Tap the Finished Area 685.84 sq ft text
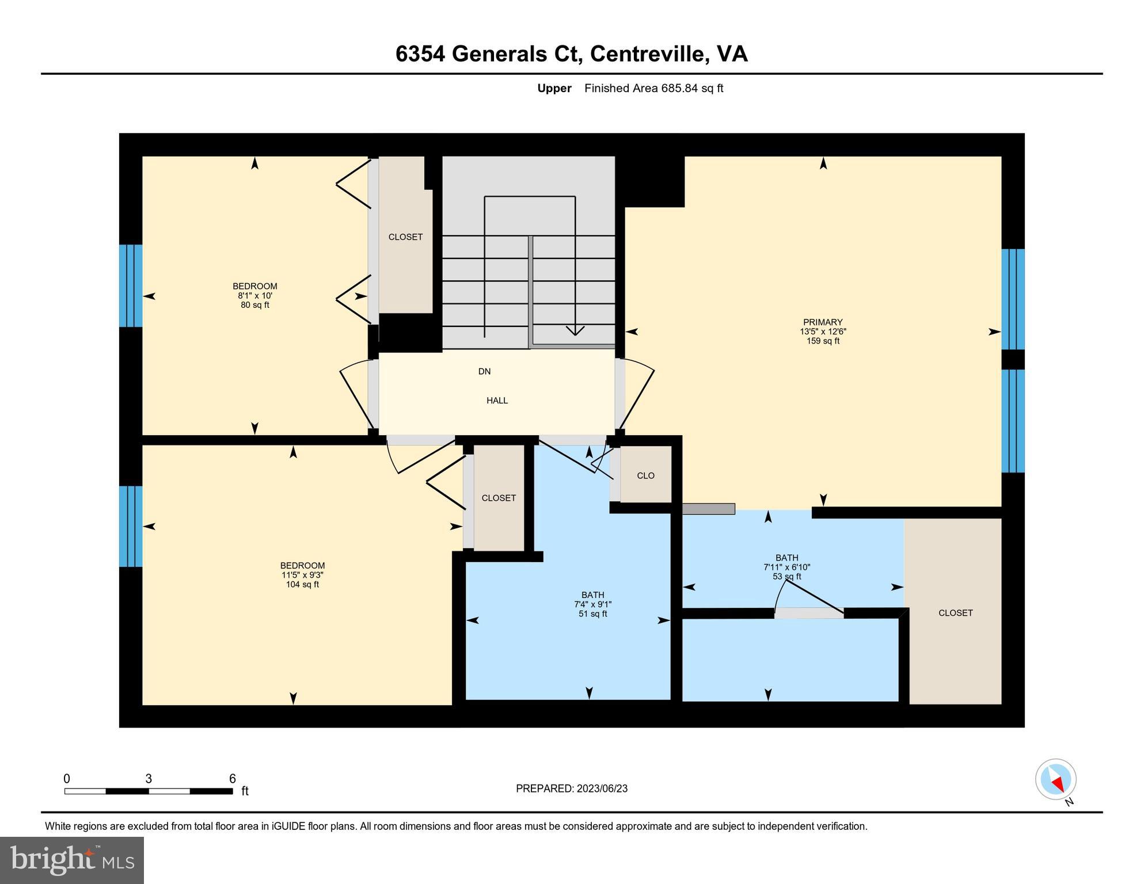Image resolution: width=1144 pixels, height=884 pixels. click(x=653, y=88)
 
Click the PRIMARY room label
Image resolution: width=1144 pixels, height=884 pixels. click(x=823, y=322)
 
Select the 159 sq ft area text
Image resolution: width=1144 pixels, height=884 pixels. click(x=823, y=341)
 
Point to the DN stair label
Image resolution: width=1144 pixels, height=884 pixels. click(x=484, y=372)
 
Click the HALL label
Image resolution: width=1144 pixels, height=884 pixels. click(x=497, y=401)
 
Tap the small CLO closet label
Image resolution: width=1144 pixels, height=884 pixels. click(x=645, y=475)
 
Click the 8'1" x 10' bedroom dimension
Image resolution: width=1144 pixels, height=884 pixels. click(x=254, y=296)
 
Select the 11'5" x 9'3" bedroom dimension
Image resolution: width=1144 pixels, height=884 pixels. click(x=302, y=575)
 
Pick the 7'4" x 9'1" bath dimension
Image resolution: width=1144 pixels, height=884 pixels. click(x=592, y=604)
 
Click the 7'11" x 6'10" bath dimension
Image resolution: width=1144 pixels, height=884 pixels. click(x=786, y=567)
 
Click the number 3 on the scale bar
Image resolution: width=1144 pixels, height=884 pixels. click(x=149, y=779)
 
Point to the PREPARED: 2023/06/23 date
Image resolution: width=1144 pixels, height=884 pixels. click(x=571, y=788)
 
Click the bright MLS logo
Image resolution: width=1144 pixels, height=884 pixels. click(x=72, y=860)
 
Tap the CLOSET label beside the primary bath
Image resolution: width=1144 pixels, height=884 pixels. click(x=955, y=613)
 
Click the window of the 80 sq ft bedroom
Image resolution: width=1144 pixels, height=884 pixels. click(x=131, y=286)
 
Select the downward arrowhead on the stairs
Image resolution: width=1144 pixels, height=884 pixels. click(x=575, y=331)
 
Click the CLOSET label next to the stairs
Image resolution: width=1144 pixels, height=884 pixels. click(x=405, y=237)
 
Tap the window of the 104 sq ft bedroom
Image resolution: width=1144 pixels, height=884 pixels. click(x=131, y=526)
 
